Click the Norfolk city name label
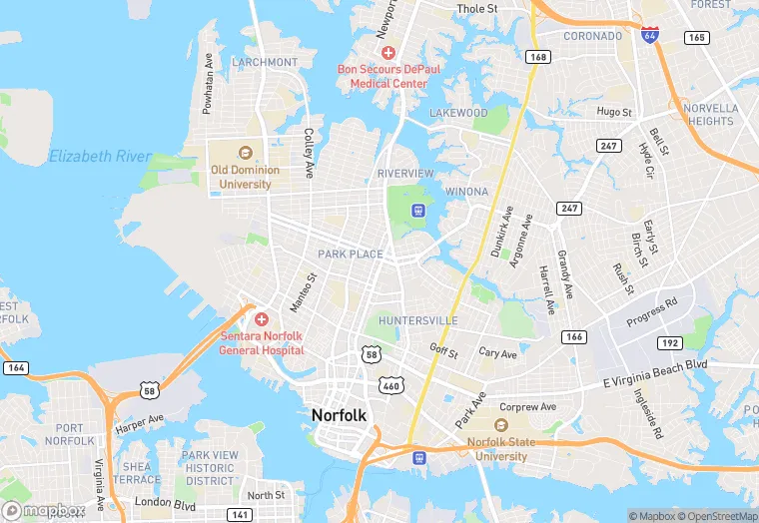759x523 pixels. (x=340, y=414)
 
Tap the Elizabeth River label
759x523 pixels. (x=100, y=157)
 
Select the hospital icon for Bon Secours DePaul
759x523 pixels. (x=388, y=52)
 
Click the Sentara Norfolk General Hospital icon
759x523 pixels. (x=261, y=319)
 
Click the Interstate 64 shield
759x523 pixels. (x=650, y=34)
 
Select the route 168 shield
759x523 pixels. (x=538, y=57)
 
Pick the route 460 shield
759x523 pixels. (x=389, y=383)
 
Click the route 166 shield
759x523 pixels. (x=573, y=337)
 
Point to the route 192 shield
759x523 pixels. (x=669, y=343)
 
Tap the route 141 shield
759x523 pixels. (x=240, y=514)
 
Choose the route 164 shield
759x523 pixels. (x=15, y=368)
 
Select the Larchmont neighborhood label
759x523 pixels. (x=264, y=62)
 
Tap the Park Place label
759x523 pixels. (x=351, y=255)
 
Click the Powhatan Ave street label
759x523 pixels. (x=209, y=84)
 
